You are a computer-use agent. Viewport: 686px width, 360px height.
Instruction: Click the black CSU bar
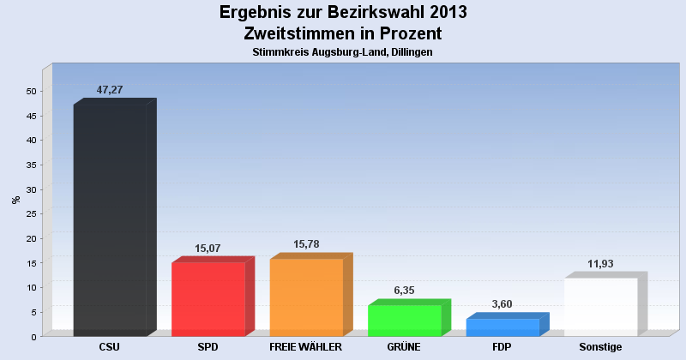[110, 219]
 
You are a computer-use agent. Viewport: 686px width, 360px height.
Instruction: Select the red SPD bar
[208, 299]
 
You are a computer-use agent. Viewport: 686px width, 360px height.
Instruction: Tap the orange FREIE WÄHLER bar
[306, 297]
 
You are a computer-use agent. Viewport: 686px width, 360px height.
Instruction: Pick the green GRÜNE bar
[404, 321]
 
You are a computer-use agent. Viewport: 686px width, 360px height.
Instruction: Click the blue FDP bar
[502, 327]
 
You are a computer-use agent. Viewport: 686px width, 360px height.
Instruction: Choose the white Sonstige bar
[600, 307]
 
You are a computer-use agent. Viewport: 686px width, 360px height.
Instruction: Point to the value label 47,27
[110, 90]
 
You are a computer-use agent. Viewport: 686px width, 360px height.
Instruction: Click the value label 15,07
[208, 249]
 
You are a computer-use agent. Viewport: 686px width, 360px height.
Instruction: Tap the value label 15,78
[306, 245]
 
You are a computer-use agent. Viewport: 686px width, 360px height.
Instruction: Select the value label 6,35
[404, 291]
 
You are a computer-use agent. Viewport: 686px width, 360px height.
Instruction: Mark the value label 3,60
[502, 304]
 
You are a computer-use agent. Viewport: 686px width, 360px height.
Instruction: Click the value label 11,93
[600, 264]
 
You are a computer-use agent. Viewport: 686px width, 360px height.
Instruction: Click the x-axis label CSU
[110, 347]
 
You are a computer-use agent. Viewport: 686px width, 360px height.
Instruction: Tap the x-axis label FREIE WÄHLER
[306, 347]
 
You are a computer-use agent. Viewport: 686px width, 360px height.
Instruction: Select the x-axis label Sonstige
[600, 347]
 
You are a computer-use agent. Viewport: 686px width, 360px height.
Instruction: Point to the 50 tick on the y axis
[31, 91]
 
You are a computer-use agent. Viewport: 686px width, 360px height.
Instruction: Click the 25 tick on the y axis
[31, 213]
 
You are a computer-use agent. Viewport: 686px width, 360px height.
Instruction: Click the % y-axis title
[15, 200]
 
